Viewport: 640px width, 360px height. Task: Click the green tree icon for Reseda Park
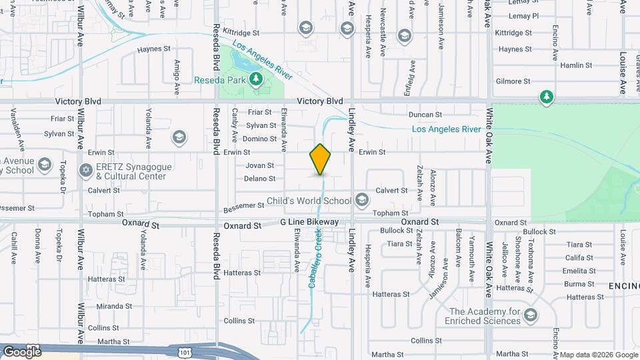(x=255, y=80)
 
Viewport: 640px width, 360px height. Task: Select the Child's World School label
(x=309, y=201)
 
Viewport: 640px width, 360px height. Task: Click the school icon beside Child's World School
(x=361, y=200)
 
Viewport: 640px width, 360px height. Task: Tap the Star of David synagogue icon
(x=85, y=171)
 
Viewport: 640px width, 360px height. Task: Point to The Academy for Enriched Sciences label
(x=485, y=316)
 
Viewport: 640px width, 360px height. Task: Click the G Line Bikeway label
(x=310, y=222)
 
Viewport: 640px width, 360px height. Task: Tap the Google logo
(x=22, y=351)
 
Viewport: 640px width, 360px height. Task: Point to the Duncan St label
(x=425, y=115)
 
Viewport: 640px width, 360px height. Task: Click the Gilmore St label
(x=513, y=81)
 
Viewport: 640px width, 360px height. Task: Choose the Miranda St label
(x=115, y=306)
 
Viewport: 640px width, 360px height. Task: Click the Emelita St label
(x=579, y=271)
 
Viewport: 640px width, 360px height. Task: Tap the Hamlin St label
(x=576, y=65)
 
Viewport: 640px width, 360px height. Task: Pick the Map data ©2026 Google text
(x=598, y=355)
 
